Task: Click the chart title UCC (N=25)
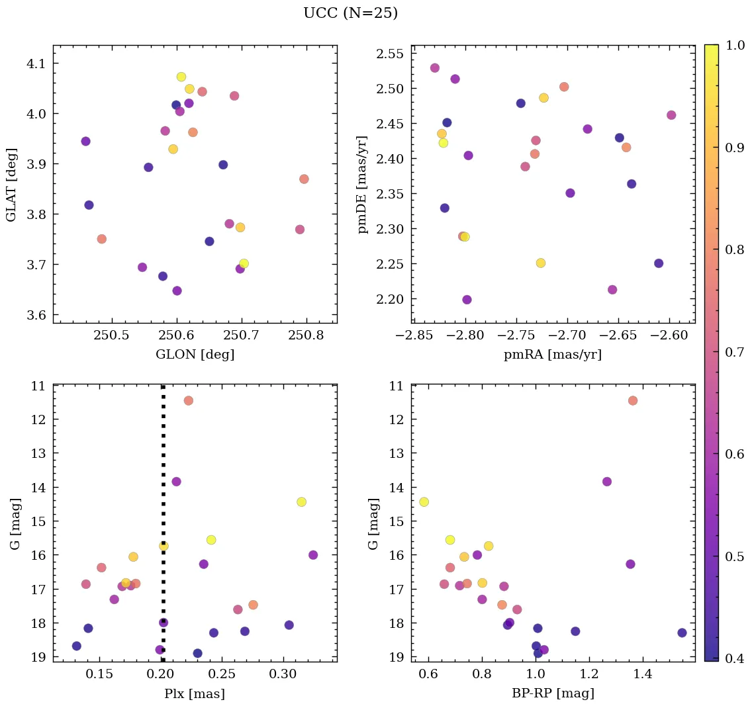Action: (350, 13)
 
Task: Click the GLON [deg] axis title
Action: (195, 355)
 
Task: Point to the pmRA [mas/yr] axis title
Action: (553, 355)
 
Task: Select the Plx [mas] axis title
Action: (195, 693)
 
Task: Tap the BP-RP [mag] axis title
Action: (553, 693)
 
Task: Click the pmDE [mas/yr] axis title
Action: (363, 184)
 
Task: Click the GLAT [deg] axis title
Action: (11, 184)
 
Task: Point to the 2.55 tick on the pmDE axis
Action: (391, 54)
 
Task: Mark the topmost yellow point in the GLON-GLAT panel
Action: (181, 77)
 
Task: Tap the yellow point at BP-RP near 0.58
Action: (424, 502)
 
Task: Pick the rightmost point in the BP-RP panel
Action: (682, 633)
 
